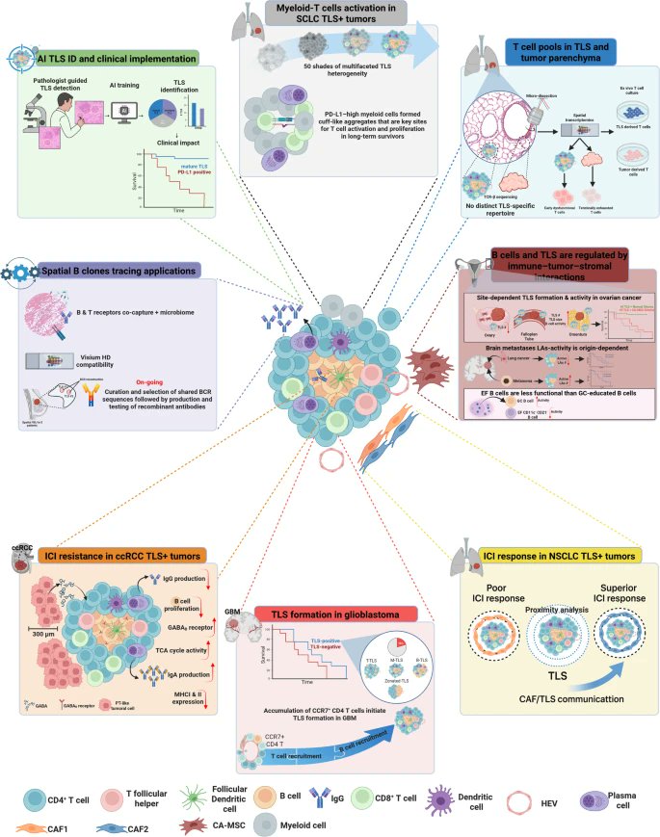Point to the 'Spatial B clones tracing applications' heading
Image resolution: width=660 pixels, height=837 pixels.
(121, 272)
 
